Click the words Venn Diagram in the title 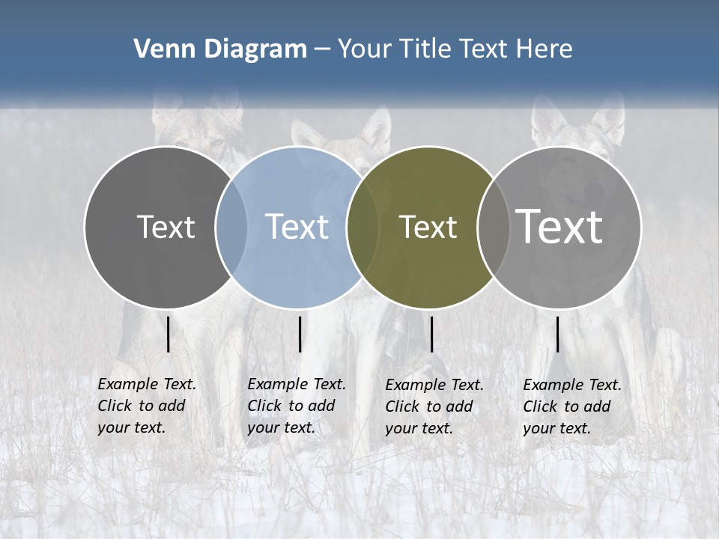[219, 49]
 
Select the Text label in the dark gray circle [166, 227]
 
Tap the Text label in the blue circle [297, 227]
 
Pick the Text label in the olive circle [428, 227]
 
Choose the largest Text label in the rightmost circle [559, 227]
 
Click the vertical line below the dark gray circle [169, 334]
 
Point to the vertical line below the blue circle [300, 334]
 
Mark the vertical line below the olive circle [431, 334]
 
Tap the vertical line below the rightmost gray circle [558, 334]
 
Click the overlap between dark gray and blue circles [231, 227]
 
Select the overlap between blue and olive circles [362, 227]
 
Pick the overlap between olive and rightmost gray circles [493, 227]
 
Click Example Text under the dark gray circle [147, 384]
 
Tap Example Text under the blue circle [297, 384]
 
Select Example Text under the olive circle [434, 385]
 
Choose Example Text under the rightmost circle [572, 385]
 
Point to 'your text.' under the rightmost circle [556, 428]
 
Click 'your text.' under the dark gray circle [131, 427]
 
